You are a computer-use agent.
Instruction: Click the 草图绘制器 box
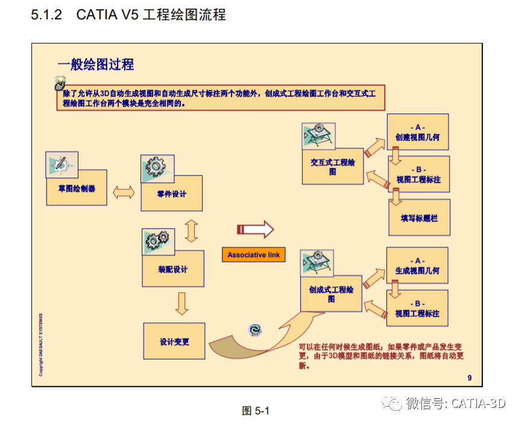pos(77,188)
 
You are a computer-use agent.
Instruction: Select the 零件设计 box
pos(172,194)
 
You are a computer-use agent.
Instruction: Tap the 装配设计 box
pos(172,269)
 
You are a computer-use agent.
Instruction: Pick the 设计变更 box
pos(174,342)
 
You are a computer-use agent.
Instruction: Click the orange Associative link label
pos(253,255)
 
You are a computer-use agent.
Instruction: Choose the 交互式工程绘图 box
pos(333,167)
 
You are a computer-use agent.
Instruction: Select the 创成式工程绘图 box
pos(331,294)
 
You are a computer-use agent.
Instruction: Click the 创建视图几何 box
pos(417,133)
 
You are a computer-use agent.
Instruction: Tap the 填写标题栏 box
pos(420,217)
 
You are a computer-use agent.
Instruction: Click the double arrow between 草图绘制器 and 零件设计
pos(124,192)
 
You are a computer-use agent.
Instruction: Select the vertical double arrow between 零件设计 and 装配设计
pos(192,230)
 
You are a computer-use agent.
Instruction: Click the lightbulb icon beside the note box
pos(59,82)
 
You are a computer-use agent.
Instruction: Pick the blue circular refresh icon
pos(256,329)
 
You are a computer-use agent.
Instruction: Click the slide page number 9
pos(470,378)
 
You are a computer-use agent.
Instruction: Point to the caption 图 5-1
pos(255,411)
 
